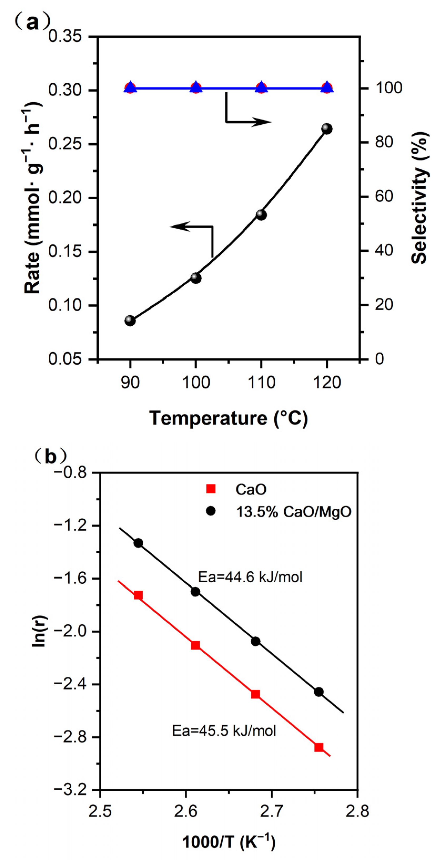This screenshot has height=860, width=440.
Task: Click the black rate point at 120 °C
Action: (x=327, y=129)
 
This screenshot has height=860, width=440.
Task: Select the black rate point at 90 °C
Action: (x=130, y=321)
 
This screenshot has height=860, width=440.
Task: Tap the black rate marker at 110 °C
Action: (x=261, y=215)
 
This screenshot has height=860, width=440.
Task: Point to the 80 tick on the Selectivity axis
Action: (x=383, y=142)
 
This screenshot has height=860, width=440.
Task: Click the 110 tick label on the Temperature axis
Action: (x=261, y=382)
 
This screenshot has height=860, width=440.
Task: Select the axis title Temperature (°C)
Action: (x=228, y=418)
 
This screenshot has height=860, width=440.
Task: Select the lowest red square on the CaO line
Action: (x=319, y=747)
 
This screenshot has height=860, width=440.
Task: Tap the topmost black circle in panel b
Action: (x=138, y=543)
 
